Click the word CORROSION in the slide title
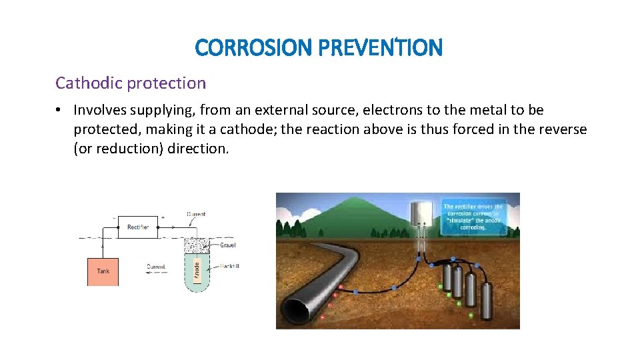pyautogui.click(x=254, y=47)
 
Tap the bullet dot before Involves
pyautogui.click(x=60, y=110)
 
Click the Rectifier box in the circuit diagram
pyautogui.click(x=138, y=227)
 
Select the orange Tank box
pyautogui.click(x=103, y=271)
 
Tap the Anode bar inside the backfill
pyautogui.click(x=197, y=270)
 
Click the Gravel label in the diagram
pyautogui.click(x=227, y=245)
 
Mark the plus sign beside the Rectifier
pyautogui.click(x=163, y=217)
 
